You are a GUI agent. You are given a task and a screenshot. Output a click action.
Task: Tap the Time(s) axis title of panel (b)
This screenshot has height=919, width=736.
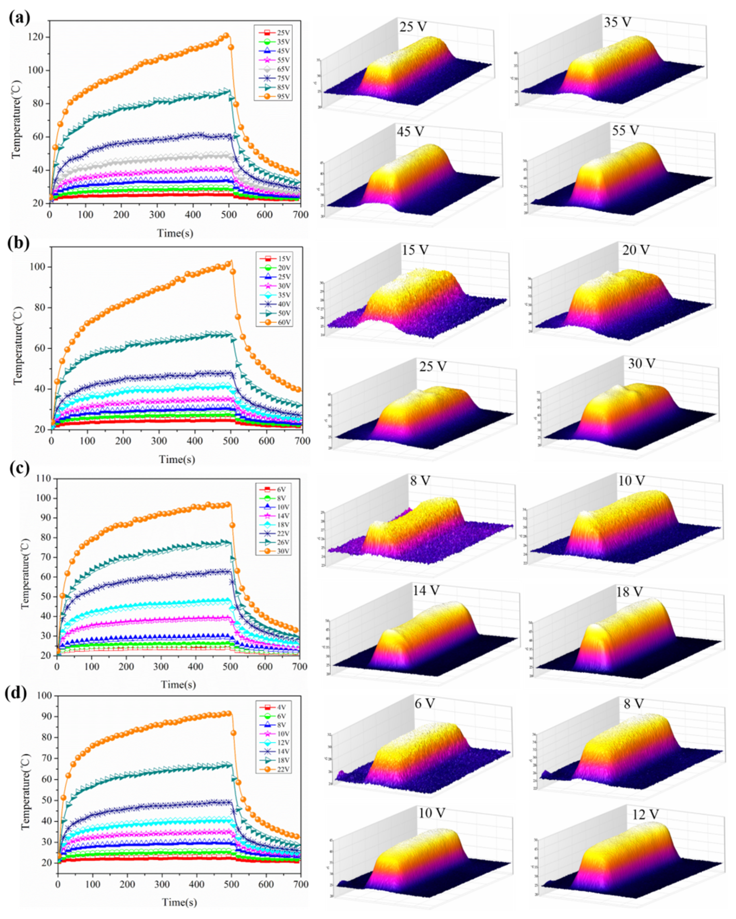coord(177,459)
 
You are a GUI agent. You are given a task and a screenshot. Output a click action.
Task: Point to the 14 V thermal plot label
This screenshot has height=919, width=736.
coord(425,590)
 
